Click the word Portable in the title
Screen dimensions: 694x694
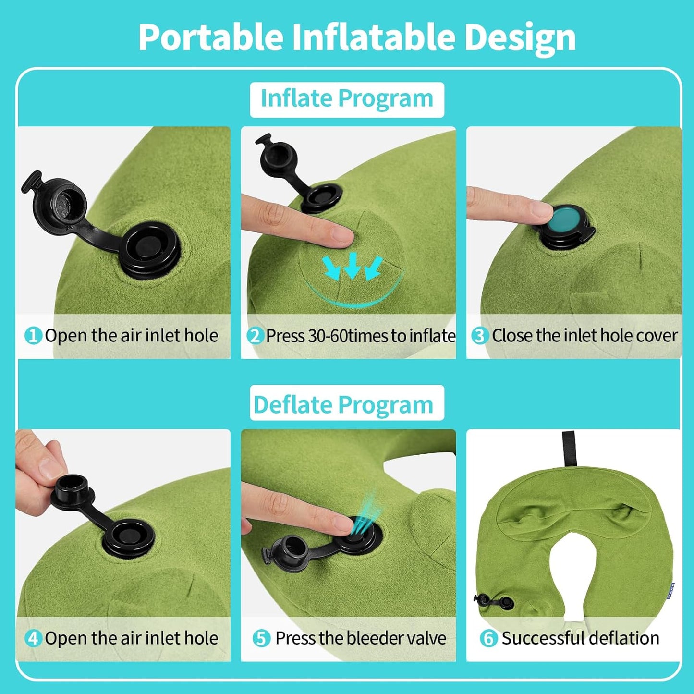click(210, 37)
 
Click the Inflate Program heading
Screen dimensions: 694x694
click(347, 99)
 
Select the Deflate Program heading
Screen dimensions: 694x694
click(343, 405)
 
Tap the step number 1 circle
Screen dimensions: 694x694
click(33, 336)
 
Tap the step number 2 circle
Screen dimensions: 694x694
click(255, 336)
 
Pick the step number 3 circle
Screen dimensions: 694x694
click(479, 336)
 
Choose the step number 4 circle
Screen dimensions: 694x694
click(33, 638)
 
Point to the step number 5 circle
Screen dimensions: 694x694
click(261, 638)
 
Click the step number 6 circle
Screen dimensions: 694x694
click(488, 638)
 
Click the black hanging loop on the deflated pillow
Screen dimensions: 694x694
click(569, 448)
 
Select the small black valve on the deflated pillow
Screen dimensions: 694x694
click(495, 601)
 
